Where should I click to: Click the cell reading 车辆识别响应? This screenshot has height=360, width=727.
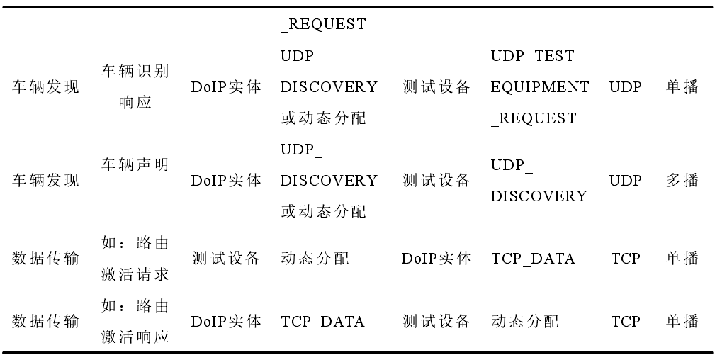tap(135, 86)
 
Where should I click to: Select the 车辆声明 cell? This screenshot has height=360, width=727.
tap(135, 165)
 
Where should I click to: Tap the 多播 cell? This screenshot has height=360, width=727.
tap(682, 181)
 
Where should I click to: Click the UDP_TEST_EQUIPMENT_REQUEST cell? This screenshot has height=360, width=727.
tap(539, 86)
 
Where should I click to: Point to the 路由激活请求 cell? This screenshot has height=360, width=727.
tap(135, 259)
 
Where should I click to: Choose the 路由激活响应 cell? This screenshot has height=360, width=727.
tap(135, 322)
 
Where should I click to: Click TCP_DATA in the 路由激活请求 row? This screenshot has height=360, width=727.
tap(533, 259)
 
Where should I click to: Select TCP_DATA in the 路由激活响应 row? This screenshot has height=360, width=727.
tap(322, 322)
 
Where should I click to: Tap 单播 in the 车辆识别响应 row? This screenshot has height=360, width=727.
tap(682, 86)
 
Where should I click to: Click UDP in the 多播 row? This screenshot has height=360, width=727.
tap(626, 181)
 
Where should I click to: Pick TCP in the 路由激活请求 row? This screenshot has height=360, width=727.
tap(626, 259)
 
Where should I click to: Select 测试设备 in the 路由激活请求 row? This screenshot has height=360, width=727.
tap(226, 259)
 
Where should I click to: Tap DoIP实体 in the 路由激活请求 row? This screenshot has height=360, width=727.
tap(436, 259)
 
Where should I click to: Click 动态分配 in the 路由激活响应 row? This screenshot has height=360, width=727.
tap(524, 322)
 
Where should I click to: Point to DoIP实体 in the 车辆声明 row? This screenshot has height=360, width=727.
tap(226, 181)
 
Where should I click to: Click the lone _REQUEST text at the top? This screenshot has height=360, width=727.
tap(323, 24)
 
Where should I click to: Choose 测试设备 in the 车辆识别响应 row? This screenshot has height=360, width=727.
tap(436, 86)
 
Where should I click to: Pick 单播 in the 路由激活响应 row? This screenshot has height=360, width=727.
tap(682, 322)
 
